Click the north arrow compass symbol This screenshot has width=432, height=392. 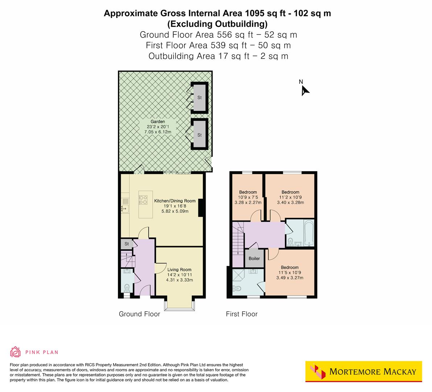point(305,91)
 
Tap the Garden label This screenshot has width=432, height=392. point(158,122)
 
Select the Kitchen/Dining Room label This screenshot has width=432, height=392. point(175,201)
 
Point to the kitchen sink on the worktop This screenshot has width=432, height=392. point(125,208)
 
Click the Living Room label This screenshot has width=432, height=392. point(179,270)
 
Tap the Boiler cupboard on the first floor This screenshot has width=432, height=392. point(254,258)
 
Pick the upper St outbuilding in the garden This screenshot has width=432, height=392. point(199,97)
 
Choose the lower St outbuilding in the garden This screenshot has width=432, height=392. point(199,135)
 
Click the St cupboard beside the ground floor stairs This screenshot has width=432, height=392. point(127,244)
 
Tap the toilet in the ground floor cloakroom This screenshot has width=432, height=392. point(127,288)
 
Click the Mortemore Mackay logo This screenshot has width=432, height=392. point(364,371)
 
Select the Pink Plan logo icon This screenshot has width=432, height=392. point(15,352)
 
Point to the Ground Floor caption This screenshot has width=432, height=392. point(139,314)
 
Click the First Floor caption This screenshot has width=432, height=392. point(242,314)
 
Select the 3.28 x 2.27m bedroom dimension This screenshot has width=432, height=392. point(248,203)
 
